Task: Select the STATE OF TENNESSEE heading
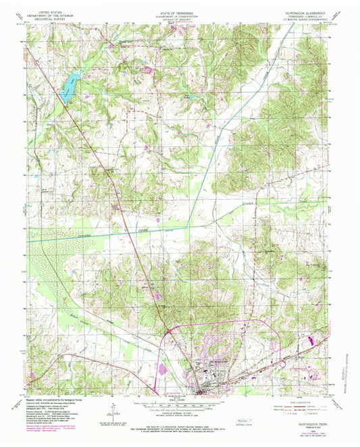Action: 180,12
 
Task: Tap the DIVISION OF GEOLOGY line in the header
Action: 180,22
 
